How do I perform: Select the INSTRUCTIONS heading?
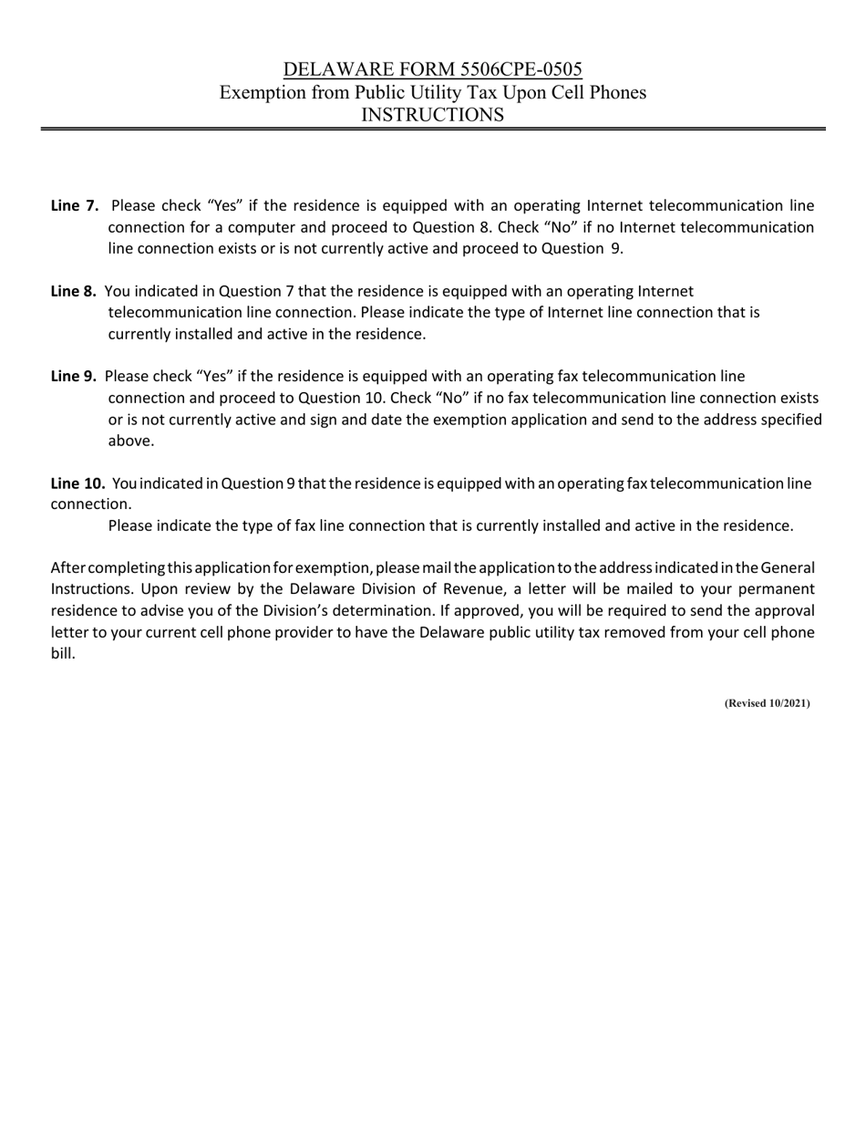tap(432, 115)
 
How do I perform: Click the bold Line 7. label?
tap(75, 206)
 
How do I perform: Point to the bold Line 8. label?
tap(74, 291)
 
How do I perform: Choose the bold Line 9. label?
tap(74, 376)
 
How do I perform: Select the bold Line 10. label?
tap(77, 483)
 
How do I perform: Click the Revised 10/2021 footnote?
tap(767, 703)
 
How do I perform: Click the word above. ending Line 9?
tap(131, 441)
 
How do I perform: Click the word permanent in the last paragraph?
tap(769, 589)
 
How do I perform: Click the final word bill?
tap(62, 654)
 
